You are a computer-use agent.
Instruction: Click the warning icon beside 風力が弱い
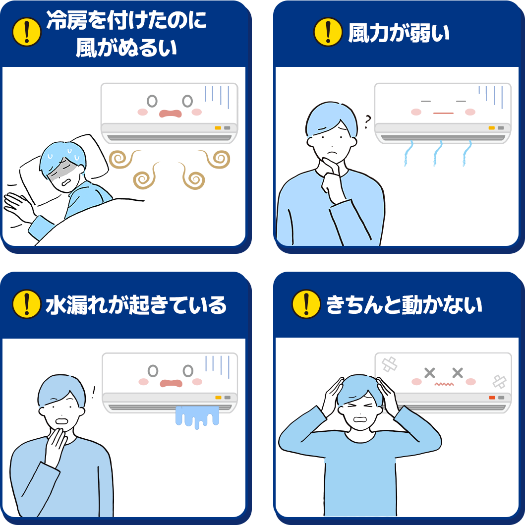(328, 32)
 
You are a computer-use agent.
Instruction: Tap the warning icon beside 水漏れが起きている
(27, 304)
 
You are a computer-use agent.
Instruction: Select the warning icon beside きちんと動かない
(306, 304)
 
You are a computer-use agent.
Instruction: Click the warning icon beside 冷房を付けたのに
(27, 32)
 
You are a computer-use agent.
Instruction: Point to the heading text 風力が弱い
(399, 33)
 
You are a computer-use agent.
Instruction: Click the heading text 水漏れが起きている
(136, 305)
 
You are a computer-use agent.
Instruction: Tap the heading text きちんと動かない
(404, 305)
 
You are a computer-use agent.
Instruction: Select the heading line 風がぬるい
(126, 48)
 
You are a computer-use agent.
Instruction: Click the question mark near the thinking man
(368, 122)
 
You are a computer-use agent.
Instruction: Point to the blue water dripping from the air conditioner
(197, 416)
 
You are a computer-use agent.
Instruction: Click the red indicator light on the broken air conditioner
(492, 398)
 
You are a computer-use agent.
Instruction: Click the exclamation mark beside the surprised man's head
(93, 393)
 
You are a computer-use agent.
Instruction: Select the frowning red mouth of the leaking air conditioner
(171, 383)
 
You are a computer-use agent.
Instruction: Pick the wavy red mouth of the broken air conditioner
(444, 384)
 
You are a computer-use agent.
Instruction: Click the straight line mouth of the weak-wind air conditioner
(443, 113)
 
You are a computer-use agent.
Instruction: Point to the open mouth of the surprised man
(62, 421)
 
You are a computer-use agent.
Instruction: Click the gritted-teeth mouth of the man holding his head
(359, 419)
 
